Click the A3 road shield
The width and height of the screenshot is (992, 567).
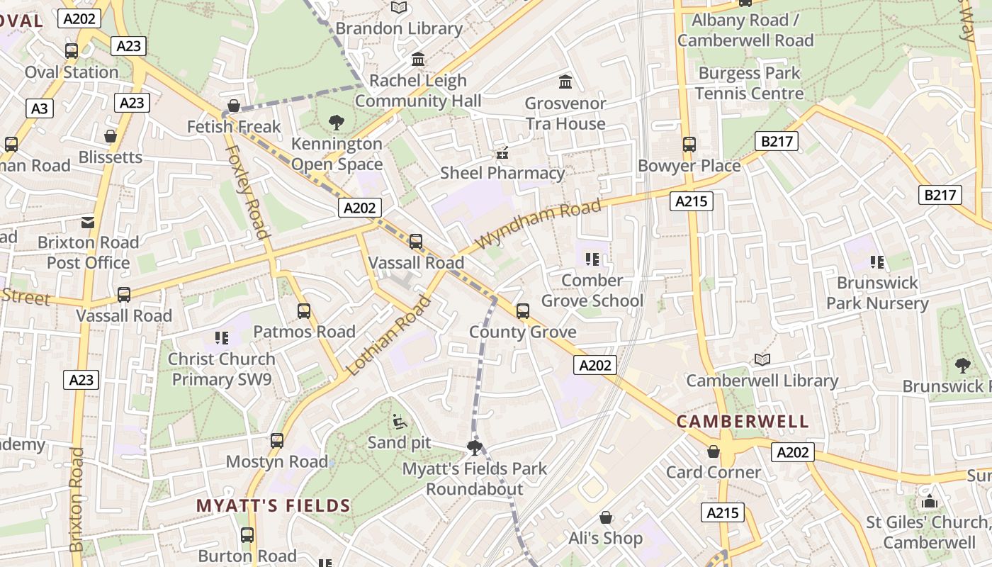pos(40,108)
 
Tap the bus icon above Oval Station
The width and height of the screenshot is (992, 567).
pos(72,51)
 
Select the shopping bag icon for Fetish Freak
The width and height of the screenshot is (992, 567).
pos(234,106)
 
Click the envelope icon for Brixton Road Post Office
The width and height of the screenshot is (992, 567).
pos(88,223)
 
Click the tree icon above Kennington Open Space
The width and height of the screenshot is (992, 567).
pos(337,123)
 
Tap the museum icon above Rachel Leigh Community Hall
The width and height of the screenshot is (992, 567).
pos(418,60)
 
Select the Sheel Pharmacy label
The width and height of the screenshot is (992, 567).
pos(502,173)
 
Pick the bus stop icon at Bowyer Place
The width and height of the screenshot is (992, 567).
pos(689,145)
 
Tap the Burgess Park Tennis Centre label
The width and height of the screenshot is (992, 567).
pos(749,83)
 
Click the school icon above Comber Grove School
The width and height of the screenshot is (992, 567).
pos(592,259)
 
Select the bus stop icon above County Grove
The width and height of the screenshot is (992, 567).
pos(523,310)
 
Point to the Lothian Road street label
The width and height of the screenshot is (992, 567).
pos(388,335)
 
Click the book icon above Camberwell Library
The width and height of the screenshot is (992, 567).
pos(762,360)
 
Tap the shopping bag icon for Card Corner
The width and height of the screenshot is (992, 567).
pos(714,452)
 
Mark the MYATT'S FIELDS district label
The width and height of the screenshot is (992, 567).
pos(274,506)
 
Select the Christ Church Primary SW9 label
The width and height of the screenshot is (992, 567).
pos(221,369)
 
